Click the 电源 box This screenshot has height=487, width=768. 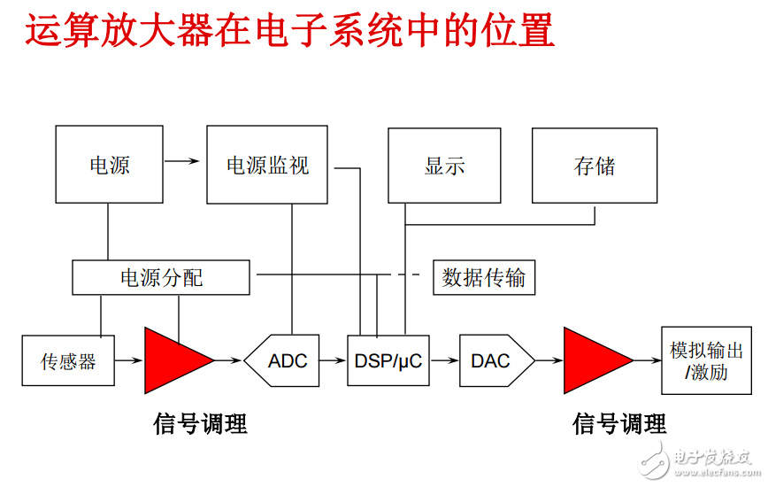click(110, 165)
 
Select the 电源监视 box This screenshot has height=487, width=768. click(267, 165)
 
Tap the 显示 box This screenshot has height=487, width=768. click(445, 166)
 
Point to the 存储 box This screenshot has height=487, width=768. click(595, 166)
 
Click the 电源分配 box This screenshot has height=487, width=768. click(161, 278)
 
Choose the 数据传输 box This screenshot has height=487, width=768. click(484, 278)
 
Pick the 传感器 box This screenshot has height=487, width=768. click(68, 360)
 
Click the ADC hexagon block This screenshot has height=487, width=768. click(288, 360)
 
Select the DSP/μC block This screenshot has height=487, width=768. click(388, 360)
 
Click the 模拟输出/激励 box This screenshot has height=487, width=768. click(706, 360)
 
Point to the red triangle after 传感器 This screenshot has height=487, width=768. click(173, 360)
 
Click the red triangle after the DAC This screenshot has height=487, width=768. click(593, 360)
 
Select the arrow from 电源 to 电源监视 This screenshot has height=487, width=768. click(182, 161)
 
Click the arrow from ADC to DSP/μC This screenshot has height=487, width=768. click(333, 360)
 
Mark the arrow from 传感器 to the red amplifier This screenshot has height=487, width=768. click(130, 360)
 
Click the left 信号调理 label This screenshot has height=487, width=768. click(201, 424)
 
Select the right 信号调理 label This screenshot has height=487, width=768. click(619, 424)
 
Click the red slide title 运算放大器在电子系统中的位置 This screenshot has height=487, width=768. click(290, 30)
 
